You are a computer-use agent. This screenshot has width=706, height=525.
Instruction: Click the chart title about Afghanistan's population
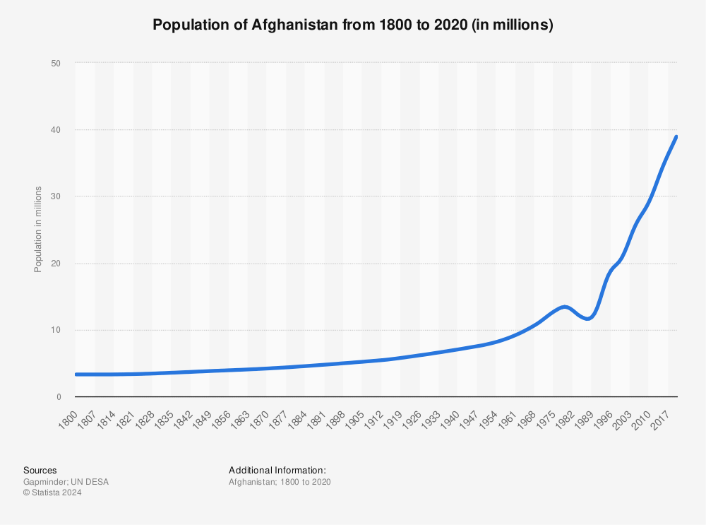[352, 25]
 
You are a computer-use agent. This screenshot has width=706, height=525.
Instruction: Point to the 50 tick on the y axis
[56, 64]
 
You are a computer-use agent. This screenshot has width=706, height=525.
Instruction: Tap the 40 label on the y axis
[56, 130]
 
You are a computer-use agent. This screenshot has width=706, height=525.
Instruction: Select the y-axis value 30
[56, 196]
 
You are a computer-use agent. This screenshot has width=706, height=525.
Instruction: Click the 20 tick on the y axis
[56, 264]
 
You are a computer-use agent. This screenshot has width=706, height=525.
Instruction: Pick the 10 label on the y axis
[56, 330]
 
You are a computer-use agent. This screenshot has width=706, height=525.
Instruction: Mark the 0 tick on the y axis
[59, 397]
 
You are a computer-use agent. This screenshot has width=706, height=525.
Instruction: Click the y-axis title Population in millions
[38, 230]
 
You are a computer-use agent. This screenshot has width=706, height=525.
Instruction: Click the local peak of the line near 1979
[564, 306]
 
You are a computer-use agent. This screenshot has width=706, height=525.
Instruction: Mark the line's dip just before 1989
[587, 319]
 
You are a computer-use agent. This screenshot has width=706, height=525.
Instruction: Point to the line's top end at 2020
[676, 136]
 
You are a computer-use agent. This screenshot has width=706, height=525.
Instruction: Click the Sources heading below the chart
[40, 471]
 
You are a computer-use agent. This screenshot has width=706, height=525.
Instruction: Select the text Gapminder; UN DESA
[66, 482]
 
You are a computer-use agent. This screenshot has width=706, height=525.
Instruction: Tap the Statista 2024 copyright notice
[52, 493]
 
